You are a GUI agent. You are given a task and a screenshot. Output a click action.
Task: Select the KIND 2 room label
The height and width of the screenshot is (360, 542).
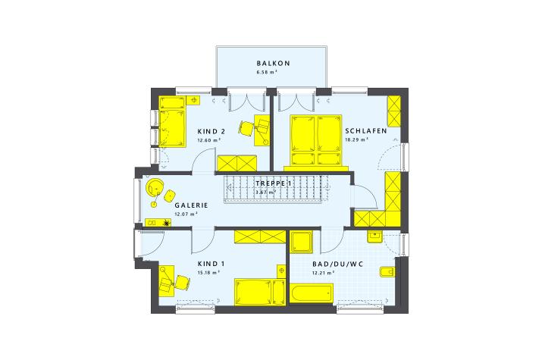211,131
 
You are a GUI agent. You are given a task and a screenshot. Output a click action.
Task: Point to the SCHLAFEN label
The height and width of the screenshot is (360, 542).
366,131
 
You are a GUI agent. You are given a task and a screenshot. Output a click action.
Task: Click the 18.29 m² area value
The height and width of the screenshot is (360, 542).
356,140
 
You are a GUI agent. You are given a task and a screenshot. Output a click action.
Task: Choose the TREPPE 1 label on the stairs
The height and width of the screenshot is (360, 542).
274,183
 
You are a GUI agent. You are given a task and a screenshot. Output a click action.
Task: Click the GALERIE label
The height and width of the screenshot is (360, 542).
191,205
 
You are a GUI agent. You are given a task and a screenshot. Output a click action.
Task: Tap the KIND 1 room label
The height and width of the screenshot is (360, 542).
211,264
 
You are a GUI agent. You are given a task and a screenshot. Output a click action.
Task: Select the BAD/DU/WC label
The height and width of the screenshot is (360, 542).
338,265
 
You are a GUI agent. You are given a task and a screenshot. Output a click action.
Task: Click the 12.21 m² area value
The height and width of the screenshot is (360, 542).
323,273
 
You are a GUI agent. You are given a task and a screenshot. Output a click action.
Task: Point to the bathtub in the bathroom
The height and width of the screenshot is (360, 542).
311,293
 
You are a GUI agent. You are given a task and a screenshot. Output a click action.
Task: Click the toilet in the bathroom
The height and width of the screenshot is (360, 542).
387,272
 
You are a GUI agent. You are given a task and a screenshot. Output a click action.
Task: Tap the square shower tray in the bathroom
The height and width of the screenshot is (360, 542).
301,242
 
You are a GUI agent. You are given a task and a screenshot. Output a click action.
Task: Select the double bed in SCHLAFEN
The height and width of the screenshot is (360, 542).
316,141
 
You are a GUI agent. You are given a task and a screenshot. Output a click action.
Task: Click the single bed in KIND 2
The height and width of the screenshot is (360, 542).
172,121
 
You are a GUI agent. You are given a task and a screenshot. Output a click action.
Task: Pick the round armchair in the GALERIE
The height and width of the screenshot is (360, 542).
155,187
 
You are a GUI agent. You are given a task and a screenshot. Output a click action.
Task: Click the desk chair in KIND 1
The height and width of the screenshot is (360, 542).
182,282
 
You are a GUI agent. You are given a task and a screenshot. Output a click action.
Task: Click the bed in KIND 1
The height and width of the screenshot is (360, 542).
260,292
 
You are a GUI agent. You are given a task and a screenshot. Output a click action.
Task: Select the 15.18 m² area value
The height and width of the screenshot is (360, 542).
208,273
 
